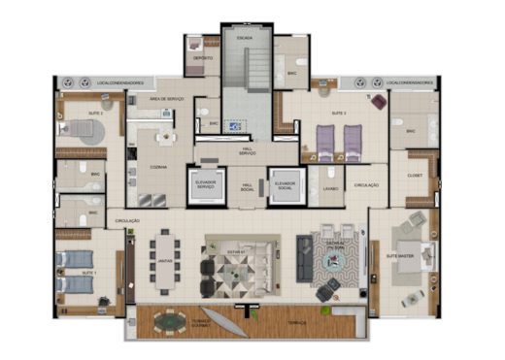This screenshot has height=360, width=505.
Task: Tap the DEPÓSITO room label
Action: [x=204, y=57]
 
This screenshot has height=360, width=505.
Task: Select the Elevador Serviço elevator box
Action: [x=206, y=186]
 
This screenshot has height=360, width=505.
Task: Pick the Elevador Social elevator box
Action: [x=286, y=186]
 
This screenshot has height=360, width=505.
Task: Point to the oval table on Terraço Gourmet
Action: [x=171, y=320]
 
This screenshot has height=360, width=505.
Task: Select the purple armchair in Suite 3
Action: [x=377, y=100]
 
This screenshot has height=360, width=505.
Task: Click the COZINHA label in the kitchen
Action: [x=157, y=167]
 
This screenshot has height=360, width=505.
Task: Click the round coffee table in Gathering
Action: [x=334, y=261]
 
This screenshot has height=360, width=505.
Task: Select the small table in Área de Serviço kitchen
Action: [x=167, y=137]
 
